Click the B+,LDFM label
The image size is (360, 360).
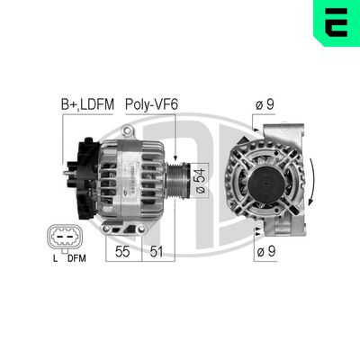pyautogui.click(x=87, y=106)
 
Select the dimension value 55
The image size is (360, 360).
pyautogui.click(x=122, y=251)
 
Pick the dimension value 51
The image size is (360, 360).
pyautogui.click(x=156, y=251)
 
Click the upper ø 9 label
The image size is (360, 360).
pyautogui.click(x=264, y=106)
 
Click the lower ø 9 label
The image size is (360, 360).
pyautogui.click(x=264, y=251)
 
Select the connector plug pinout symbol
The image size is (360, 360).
pyautogui.click(x=65, y=238)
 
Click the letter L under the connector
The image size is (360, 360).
pyautogui.click(x=54, y=260)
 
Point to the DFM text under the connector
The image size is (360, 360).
pyautogui.click(x=76, y=260)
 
